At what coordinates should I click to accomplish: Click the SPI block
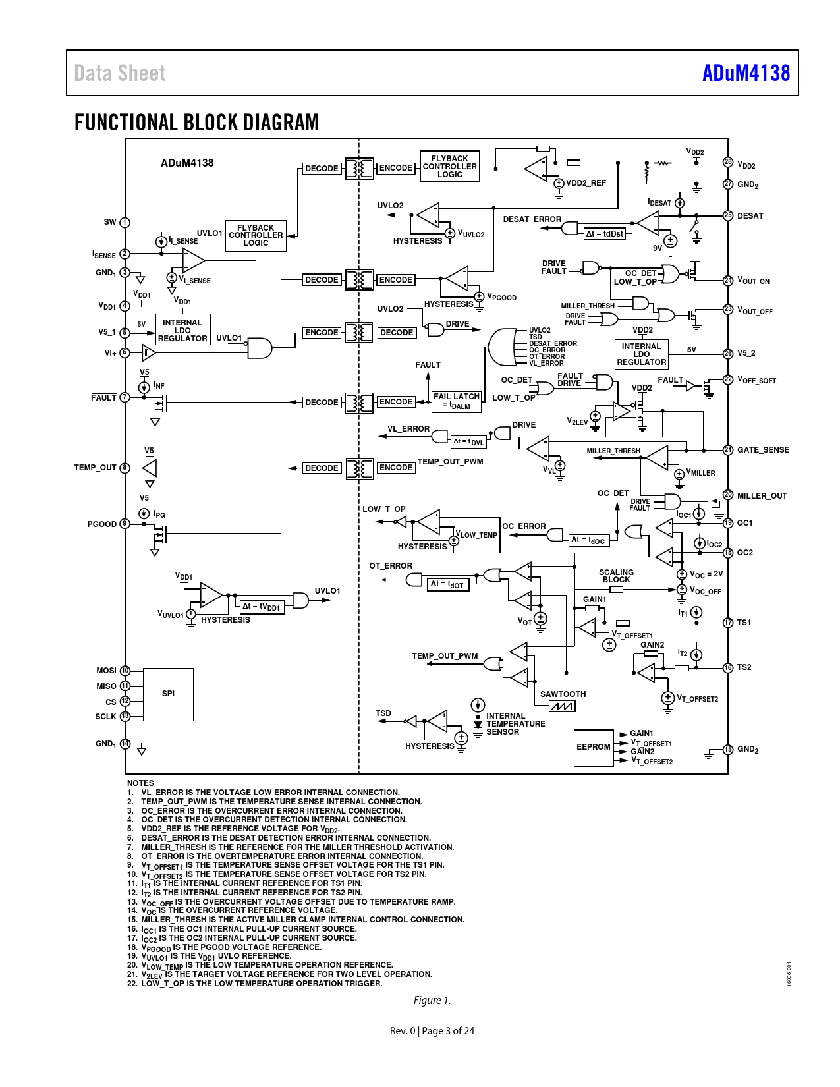pos(168,694)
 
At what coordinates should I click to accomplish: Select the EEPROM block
pos(594,747)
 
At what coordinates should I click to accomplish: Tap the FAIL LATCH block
pos(457,402)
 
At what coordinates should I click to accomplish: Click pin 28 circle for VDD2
pos(728,162)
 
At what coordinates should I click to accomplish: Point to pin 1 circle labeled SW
pos(125,223)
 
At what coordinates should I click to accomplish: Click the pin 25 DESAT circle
pos(728,215)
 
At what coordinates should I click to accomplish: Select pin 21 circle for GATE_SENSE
pos(728,450)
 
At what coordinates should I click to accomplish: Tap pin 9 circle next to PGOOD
pos(125,524)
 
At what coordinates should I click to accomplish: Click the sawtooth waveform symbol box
pos(562,706)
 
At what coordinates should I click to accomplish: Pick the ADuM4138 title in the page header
pos(746,73)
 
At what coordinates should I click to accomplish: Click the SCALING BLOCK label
pos(616,576)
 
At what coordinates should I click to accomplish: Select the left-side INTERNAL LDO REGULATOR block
pos(182,330)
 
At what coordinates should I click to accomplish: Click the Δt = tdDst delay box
pos(605,234)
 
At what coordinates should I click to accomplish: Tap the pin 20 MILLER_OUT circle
pos(728,495)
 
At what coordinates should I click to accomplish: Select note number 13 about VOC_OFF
pos(291,902)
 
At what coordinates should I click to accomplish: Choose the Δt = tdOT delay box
pos(449,584)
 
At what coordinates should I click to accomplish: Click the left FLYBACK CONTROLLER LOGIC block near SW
pos(256,236)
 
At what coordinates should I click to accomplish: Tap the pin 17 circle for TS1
pos(728,623)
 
